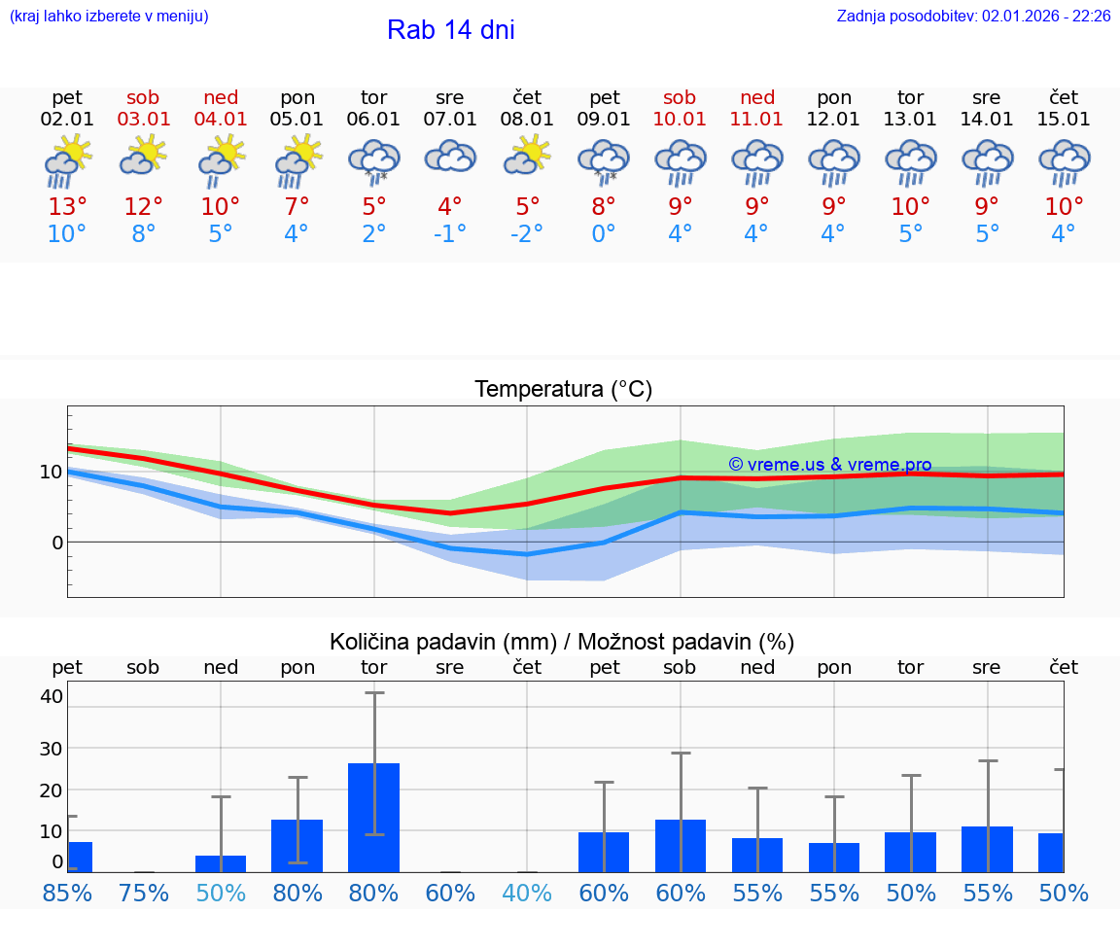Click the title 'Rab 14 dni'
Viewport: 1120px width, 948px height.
tap(450, 30)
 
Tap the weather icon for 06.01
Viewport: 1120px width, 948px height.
tap(374, 161)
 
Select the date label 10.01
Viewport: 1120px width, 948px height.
tap(680, 120)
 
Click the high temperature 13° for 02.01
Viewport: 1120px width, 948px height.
tap(67, 206)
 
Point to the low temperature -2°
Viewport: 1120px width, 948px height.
tap(526, 233)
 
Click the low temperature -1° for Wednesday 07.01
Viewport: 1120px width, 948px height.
tap(449, 233)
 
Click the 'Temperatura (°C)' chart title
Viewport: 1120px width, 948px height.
tap(563, 389)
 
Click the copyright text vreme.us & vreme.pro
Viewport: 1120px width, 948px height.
tap(829, 465)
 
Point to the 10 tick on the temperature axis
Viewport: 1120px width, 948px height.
tap(51, 473)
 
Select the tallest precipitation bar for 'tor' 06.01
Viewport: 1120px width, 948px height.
tap(373, 817)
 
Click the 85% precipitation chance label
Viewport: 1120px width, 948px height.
tap(67, 893)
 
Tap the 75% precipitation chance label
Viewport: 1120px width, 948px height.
tap(143, 893)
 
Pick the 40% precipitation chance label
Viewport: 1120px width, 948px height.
tap(526, 893)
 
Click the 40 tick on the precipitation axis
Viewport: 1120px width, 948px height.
tap(51, 696)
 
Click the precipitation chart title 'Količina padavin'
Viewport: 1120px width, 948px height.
tap(562, 642)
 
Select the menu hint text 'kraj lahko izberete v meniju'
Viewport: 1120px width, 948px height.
tap(109, 16)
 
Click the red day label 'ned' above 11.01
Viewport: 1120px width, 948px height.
tap(757, 97)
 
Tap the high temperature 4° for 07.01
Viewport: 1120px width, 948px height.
tap(449, 206)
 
